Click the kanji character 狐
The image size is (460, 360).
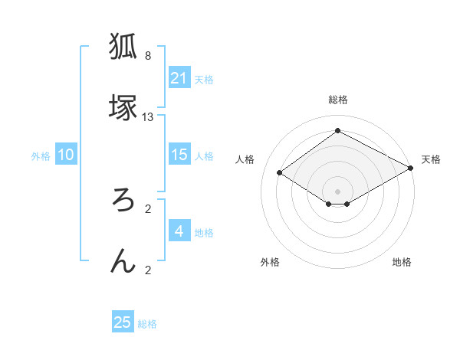tap(123, 46)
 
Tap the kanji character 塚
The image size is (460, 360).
tap(123, 107)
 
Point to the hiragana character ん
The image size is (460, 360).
tap(123, 261)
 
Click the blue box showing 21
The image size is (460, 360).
tap(179, 78)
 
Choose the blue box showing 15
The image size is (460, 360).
tap(179, 155)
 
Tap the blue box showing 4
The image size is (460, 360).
tap(179, 231)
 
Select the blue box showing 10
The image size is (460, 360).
tap(66, 155)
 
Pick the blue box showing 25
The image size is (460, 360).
tap(123, 322)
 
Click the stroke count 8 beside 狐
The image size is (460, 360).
tap(147, 56)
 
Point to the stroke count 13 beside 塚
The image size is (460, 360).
tap(148, 117)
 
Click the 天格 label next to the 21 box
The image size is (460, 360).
tap(204, 80)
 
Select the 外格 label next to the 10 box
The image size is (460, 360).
tap(41, 156)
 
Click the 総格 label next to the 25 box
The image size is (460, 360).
tap(147, 324)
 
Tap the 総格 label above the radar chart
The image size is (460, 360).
tap(337, 100)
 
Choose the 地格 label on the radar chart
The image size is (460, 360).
tap(402, 263)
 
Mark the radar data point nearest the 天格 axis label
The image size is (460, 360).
tap(412, 169)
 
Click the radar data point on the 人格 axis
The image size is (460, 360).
tap(280, 173)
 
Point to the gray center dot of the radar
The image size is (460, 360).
tap(337, 191)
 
